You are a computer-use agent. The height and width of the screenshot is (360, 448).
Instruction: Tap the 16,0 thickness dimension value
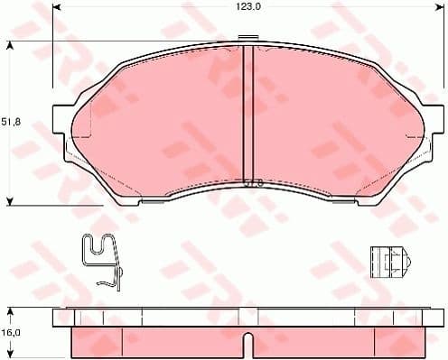[x=11, y=333]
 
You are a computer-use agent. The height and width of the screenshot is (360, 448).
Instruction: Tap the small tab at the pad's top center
[x=247, y=39]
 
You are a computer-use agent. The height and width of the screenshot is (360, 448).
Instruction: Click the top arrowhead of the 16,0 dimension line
[x=9, y=310]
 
